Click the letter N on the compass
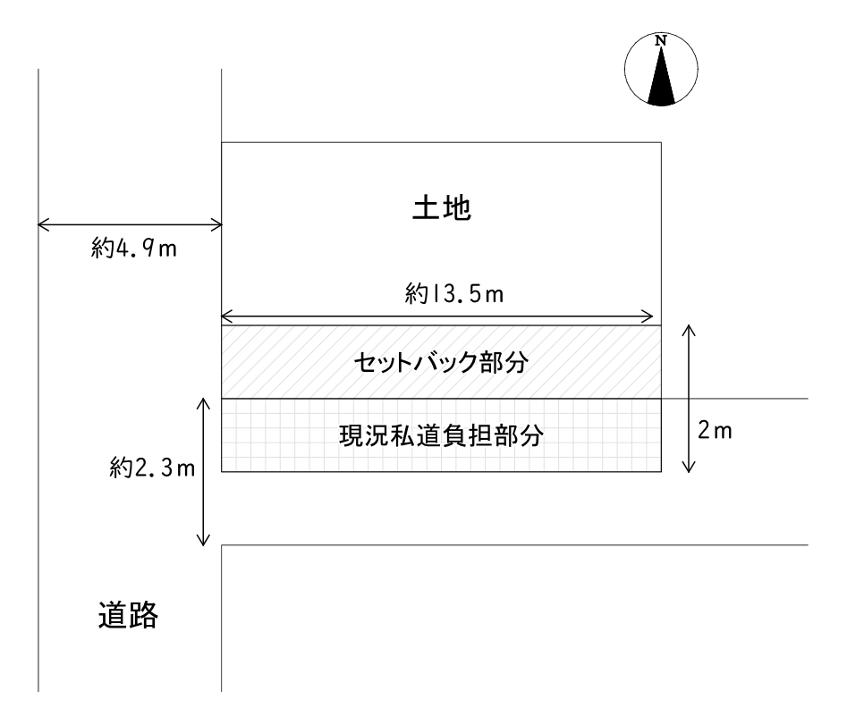click(x=661, y=40)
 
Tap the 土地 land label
click(x=442, y=207)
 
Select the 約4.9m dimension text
click(x=134, y=249)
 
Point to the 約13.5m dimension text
click(x=453, y=294)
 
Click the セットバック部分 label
click(x=441, y=362)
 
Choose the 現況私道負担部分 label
click(x=441, y=435)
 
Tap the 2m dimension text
click(x=714, y=431)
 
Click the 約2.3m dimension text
click(x=152, y=468)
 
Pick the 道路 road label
click(x=128, y=615)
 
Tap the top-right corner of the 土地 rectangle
click(x=661, y=142)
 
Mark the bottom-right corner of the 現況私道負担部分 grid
click(x=661, y=472)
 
